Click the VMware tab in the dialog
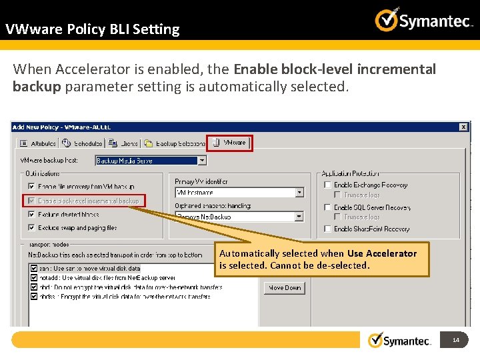pos(230,143)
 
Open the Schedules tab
pos(83,143)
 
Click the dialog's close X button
pos(463,127)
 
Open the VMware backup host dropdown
pos(202,161)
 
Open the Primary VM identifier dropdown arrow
pos(299,193)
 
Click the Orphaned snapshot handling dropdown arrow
pos(299,217)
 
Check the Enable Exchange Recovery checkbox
pos(327,185)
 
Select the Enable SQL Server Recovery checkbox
pos(327,207)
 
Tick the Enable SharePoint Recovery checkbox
pos(327,229)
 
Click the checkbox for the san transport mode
pos(33,269)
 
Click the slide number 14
pos(456,341)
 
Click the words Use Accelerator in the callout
pos(381,253)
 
